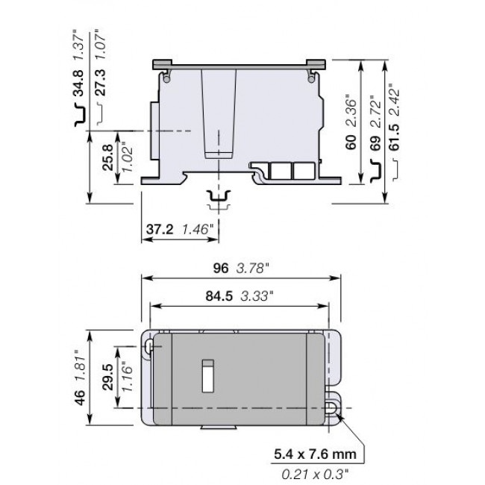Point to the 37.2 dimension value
point(159,231)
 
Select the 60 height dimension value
point(351,143)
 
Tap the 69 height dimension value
point(375,143)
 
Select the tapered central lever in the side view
point(219,112)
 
